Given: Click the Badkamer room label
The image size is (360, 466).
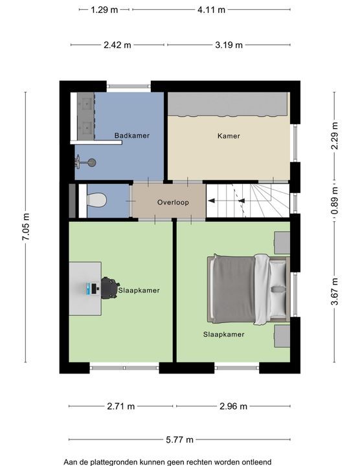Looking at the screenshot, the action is pyautogui.click(x=132, y=135).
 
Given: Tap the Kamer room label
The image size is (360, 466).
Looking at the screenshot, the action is pyautogui.click(x=229, y=136).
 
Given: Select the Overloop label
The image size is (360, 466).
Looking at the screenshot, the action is pyautogui.click(x=173, y=203).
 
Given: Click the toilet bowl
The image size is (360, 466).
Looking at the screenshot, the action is pyautogui.click(x=96, y=200).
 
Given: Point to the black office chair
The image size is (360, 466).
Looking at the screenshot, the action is pyautogui.click(x=109, y=287).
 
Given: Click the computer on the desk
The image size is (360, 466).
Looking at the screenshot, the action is pyautogui.click(x=92, y=289).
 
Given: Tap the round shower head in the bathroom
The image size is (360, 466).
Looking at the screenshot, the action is pyautogui.click(x=92, y=162).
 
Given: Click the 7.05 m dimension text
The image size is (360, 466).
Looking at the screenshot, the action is pyautogui.click(x=25, y=227).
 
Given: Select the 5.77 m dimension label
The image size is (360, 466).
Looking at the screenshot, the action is pyautogui.click(x=179, y=439).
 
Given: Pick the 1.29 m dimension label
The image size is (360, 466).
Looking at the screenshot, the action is pyautogui.click(x=104, y=10).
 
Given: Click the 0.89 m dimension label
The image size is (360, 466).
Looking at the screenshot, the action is pyautogui.click(x=335, y=200).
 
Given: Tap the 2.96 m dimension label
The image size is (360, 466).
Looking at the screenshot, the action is pyautogui.click(x=233, y=406).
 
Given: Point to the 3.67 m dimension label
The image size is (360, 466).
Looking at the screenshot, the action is pyautogui.click(x=335, y=291).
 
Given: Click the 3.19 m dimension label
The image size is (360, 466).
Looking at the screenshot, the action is pyautogui.click(x=229, y=45).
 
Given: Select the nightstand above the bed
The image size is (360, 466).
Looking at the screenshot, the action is pyautogui.click(x=282, y=243).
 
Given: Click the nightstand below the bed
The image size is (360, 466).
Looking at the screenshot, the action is pyautogui.click(x=282, y=336).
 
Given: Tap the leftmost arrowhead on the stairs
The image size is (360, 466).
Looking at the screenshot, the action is pyautogui.click(x=211, y=201).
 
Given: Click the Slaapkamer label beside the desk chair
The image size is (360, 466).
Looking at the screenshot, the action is pyautogui.click(x=139, y=291).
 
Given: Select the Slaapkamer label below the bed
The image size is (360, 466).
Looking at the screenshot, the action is pyautogui.click(x=224, y=335).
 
